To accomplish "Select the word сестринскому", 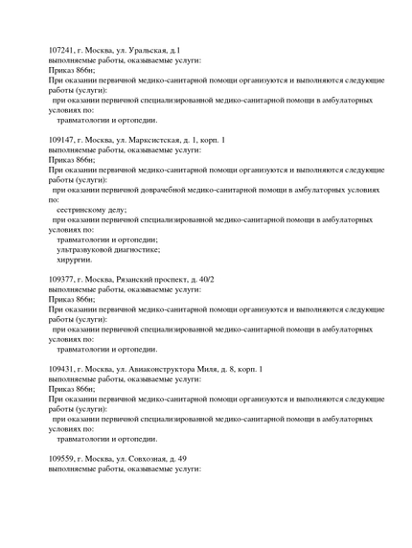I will pos(80,208).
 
